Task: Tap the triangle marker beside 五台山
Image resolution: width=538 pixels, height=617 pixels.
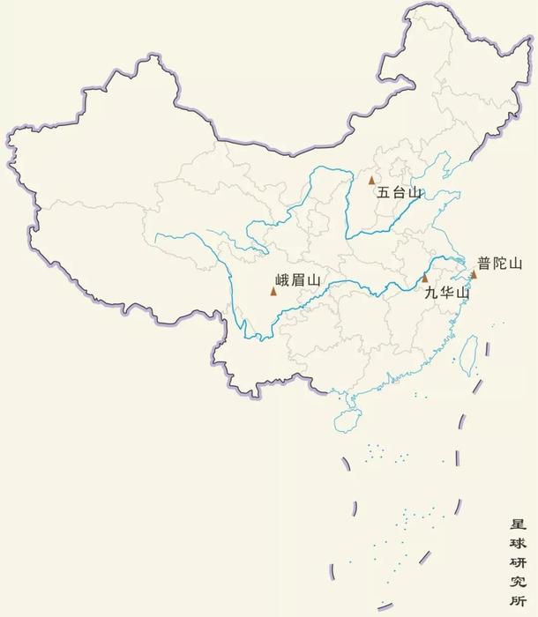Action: point(372,180)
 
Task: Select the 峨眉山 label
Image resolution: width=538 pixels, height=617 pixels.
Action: point(295,281)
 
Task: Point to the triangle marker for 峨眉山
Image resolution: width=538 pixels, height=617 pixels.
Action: point(273,291)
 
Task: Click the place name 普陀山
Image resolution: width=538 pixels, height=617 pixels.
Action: point(500,263)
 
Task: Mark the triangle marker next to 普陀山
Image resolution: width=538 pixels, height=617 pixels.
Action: point(474,274)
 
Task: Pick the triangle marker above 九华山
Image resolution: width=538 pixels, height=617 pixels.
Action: point(425,279)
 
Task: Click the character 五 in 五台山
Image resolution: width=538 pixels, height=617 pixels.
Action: point(384,191)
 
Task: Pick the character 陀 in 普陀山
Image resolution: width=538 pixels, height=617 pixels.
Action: point(500,263)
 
